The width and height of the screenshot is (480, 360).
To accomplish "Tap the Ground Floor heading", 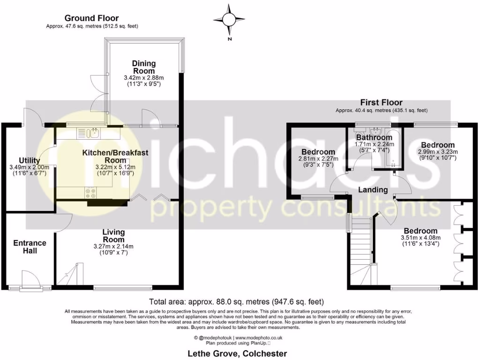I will click(x=92, y=18).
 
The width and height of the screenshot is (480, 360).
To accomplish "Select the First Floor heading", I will click(x=381, y=103).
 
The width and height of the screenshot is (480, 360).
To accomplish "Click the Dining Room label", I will click(x=144, y=67).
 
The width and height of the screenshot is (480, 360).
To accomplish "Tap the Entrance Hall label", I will click(x=30, y=247).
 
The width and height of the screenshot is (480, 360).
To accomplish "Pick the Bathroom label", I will click(x=374, y=138).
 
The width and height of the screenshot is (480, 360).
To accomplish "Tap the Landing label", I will click(x=373, y=190).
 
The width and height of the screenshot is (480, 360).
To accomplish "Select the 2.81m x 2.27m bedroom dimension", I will click(x=318, y=159).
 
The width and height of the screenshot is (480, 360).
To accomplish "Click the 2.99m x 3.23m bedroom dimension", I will click(x=437, y=152).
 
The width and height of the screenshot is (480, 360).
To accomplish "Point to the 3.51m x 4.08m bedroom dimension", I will click(x=420, y=238).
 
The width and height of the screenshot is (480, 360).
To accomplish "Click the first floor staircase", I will click(x=361, y=248).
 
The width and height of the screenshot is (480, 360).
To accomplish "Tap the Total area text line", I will click(x=236, y=301).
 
